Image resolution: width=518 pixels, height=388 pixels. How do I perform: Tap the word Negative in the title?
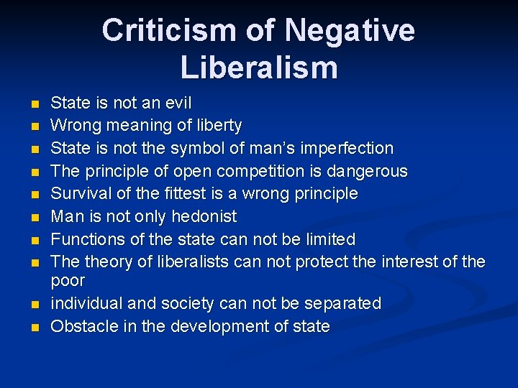tap(349, 31)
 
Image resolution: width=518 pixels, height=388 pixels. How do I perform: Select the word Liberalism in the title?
tap(259, 67)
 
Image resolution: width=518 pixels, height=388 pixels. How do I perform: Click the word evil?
tap(177, 103)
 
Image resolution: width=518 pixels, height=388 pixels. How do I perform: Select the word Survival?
tap(78, 194)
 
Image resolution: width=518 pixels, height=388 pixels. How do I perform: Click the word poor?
tap(68, 280)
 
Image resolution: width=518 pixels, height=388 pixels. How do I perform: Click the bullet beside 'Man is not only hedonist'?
tap(35, 217)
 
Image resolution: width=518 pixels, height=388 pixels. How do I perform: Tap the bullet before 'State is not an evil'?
tap(35, 103)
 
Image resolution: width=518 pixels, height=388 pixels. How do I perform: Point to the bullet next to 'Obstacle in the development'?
tap(35, 327)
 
